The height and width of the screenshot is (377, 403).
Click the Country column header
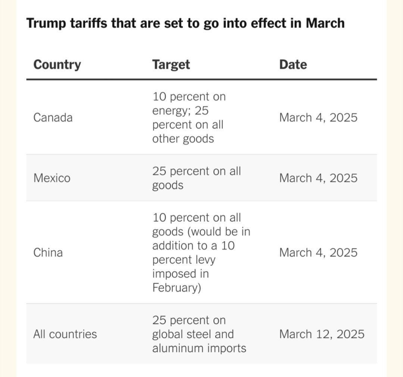(57, 65)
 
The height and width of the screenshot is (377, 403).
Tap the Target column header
(171, 65)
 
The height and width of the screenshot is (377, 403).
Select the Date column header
(293, 65)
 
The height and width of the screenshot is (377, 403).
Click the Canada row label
(53, 118)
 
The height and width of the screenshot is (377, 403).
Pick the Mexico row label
(52, 178)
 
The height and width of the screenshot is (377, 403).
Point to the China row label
(48, 253)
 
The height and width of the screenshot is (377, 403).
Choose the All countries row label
(65, 334)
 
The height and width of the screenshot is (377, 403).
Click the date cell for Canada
(318, 118)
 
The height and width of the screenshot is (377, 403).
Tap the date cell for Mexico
(318, 178)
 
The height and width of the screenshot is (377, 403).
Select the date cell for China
(318, 253)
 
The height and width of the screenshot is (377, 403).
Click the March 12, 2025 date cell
(322, 334)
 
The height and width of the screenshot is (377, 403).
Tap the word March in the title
(325, 23)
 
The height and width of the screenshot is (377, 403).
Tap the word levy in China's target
(204, 260)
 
